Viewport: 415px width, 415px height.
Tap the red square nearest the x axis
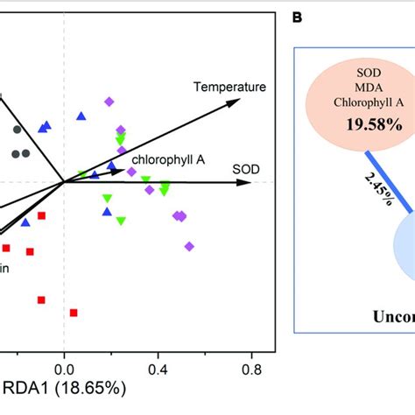[x=74, y=313]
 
